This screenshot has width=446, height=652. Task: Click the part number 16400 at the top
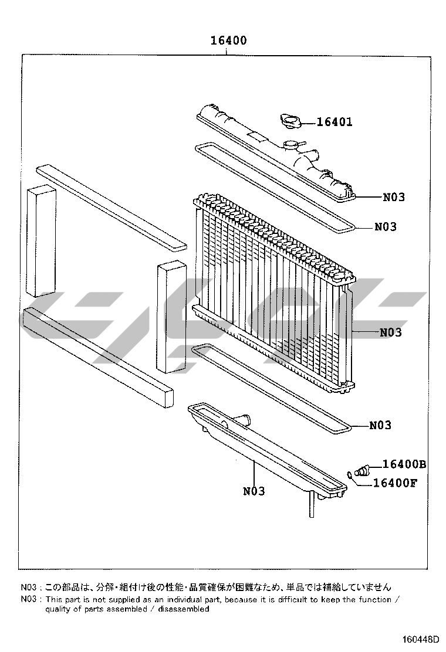tap(228, 40)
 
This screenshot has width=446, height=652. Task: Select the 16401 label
tap(334, 122)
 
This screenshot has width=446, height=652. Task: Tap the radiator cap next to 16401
tap(289, 121)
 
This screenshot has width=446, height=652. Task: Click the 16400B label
tap(404, 464)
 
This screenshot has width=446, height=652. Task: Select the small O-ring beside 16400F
tap(350, 475)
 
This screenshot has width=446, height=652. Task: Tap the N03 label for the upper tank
tap(394, 197)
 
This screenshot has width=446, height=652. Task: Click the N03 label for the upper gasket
tap(386, 227)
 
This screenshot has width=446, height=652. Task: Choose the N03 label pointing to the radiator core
tap(391, 332)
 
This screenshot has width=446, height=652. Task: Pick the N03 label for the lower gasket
tap(380, 425)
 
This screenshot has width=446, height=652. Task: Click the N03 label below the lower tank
tap(254, 491)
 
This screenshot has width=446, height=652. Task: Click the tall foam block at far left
tap(41, 240)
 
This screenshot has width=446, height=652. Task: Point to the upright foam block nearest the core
tap(171, 317)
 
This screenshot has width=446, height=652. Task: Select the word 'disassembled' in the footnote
tap(190, 609)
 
